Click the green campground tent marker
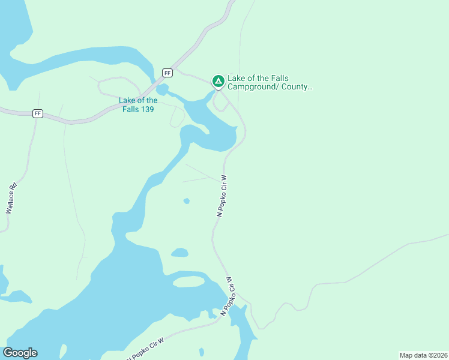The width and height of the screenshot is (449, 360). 218,80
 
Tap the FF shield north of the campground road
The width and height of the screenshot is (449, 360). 167,73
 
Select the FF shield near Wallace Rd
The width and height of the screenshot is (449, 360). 38,113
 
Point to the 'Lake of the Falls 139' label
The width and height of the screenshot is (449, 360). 138,104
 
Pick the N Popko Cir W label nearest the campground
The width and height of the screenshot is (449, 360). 221,196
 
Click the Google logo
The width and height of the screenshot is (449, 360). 20,353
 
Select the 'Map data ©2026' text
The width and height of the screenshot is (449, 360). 423,355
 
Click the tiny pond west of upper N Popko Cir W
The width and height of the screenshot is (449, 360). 187,201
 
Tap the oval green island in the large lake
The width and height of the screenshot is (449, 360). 188,281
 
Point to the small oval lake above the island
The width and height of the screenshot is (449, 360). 179,253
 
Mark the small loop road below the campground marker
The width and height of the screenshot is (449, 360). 220,103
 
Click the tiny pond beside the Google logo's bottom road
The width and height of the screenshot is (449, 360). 201,352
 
